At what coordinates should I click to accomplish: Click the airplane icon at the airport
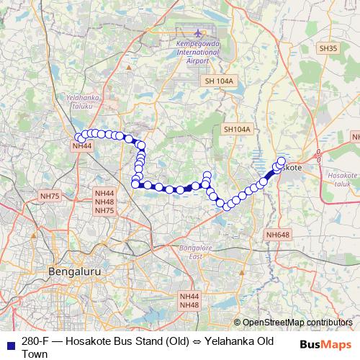click(199, 34)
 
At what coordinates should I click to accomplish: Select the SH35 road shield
click(328, 48)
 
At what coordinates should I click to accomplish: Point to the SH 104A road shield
click(219, 81)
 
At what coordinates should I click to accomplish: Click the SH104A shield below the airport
click(237, 130)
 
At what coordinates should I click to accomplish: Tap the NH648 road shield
click(277, 235)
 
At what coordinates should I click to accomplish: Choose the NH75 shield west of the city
click(50, 196)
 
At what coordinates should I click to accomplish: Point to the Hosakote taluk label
click(341, 179)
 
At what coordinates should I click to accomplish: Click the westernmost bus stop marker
click(78, 138)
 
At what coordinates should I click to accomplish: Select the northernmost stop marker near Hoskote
click(281, 161)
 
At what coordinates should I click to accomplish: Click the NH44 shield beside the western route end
click(81, 145)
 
